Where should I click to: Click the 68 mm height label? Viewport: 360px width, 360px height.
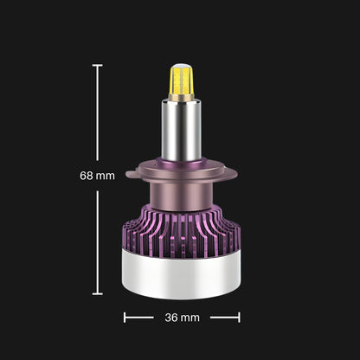97,176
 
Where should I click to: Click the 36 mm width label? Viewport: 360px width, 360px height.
182,318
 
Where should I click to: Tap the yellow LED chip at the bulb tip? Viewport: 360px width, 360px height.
182,80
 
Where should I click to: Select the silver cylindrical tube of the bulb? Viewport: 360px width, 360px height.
182,130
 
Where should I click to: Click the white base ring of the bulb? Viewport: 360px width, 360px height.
182,276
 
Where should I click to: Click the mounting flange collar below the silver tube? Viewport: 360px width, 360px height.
182,170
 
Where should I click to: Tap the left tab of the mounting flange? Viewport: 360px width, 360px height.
132,174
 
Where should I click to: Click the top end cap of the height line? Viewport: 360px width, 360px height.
98,66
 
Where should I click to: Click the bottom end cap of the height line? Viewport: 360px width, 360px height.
98,294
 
